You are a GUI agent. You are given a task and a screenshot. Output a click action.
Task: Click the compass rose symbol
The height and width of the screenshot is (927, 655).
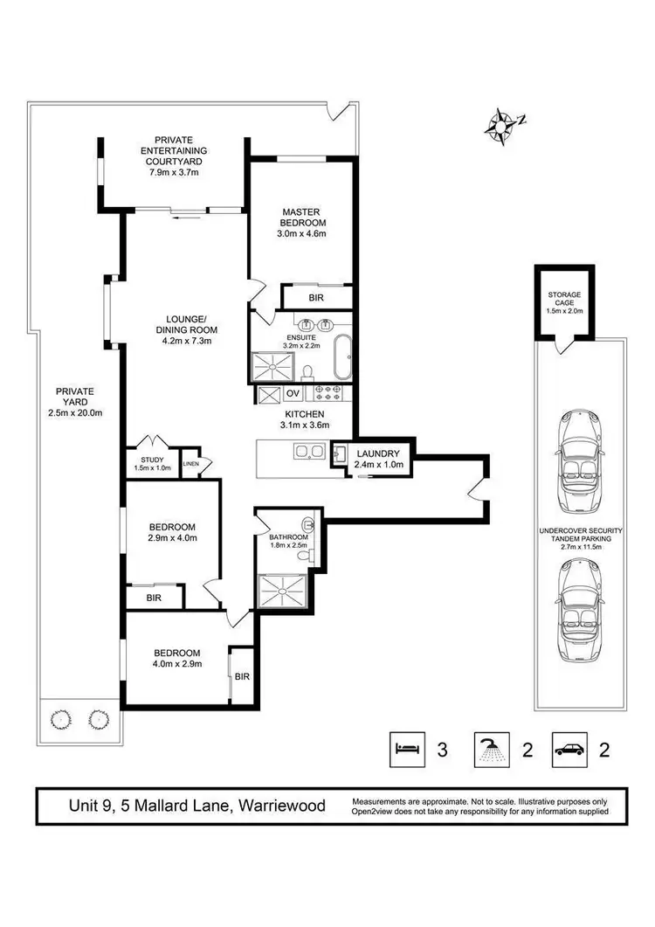(501, 125)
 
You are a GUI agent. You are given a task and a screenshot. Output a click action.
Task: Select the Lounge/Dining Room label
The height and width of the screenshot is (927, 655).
(186, 329)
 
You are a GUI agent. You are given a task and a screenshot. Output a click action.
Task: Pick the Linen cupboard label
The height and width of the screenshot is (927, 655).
(191, 463)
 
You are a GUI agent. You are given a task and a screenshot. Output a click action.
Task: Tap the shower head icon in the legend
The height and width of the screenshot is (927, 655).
(488, 749)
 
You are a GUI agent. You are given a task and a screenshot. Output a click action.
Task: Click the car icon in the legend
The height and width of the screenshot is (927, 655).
(571, 749)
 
